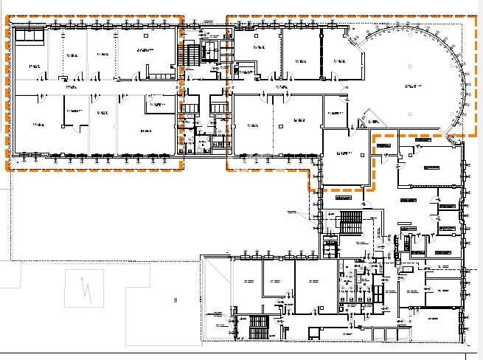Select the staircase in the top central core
tap(194, 53)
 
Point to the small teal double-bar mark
tap(176, 300)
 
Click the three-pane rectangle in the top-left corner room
tap(30, 34)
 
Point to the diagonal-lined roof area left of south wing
tap(216, 295)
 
